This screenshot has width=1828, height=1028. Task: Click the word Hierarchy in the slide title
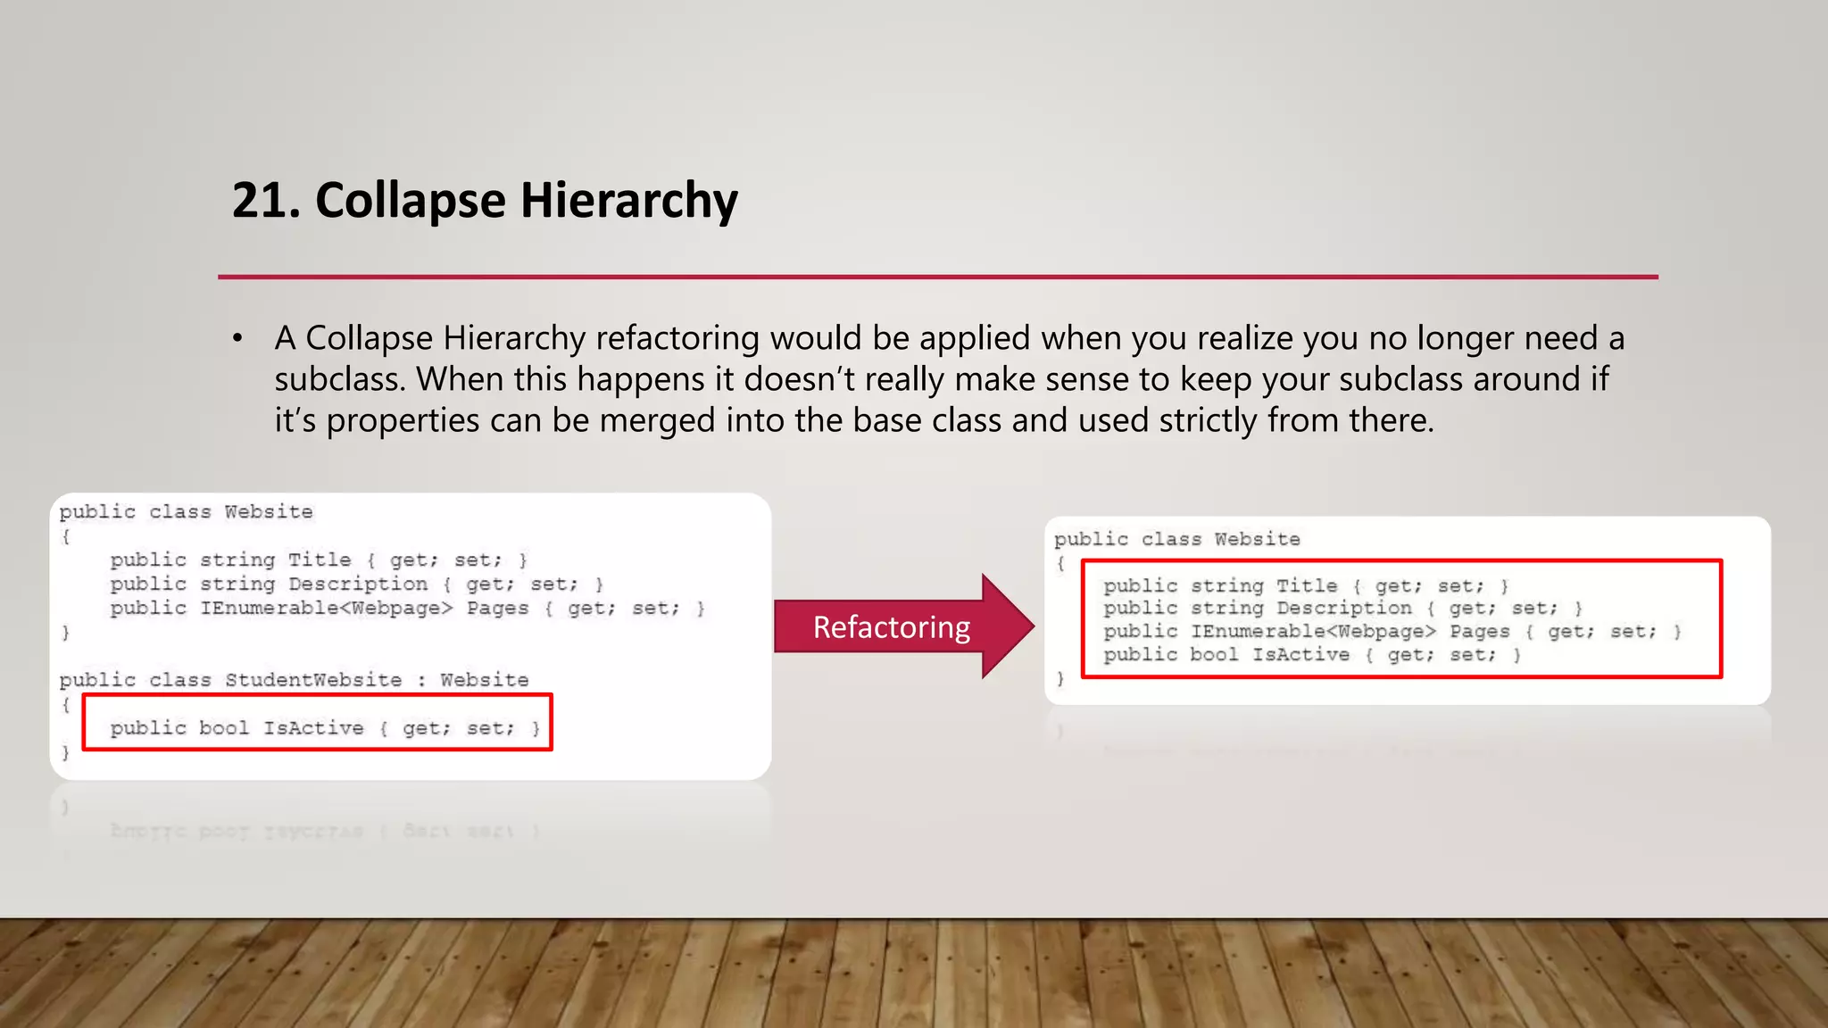(x=629, y=202)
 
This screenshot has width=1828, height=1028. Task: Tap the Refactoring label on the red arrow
(x=891, y=627)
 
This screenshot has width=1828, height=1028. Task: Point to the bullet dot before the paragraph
(x=237, y=339)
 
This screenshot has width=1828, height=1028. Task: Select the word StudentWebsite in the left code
(x=313, y=680)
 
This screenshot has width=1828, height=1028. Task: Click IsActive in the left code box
(x=313, y=728)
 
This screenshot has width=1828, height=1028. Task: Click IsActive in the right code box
(x=1300, y=655)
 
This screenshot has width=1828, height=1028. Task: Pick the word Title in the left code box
(x=320, y=560)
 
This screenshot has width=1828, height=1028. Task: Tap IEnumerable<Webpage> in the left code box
(x=326, y=609)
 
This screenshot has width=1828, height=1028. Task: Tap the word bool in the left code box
(x=224, y=728)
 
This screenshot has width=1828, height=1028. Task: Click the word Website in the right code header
(x=1257, y=539)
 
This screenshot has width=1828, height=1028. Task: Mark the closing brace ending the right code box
(x=1059, y=679)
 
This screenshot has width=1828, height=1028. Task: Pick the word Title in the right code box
(x=1307, y=585)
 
